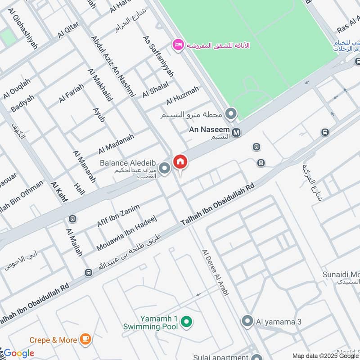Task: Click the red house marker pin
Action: (x=180, y=162)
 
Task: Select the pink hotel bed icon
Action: (x=178, y=45)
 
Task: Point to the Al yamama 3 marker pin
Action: (x=247, y=321)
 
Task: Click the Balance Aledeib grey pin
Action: (x=165, y=169)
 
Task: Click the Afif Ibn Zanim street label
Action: (x=119, y=215)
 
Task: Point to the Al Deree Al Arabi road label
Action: (x=216, y=273)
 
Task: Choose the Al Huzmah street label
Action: (x=182, y=95)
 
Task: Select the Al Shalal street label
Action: (x=155, y=89)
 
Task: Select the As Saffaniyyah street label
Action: (x=155, y=56)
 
